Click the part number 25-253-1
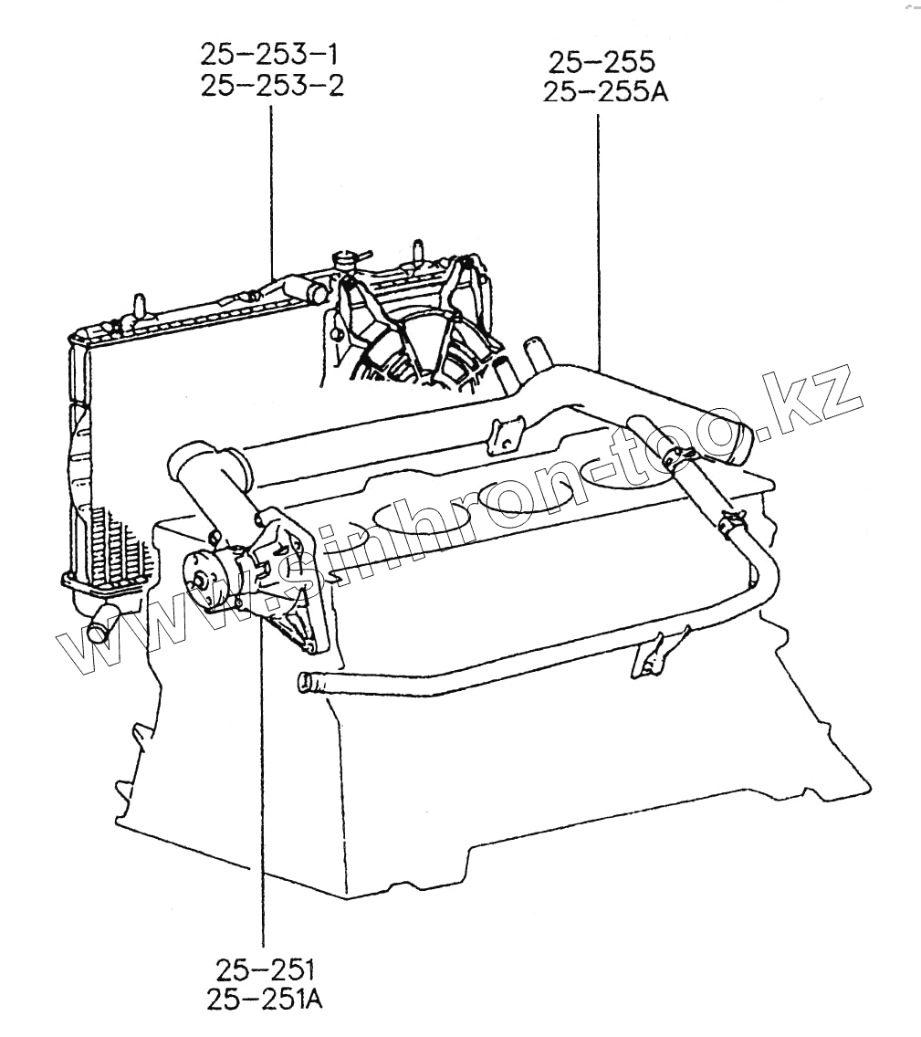click(272, 54)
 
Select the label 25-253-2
click(272, 87)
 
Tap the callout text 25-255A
click(605, 92)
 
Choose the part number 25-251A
click(265, 1000)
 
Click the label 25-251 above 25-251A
click(265, 967)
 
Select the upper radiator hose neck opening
click(316, 294)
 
